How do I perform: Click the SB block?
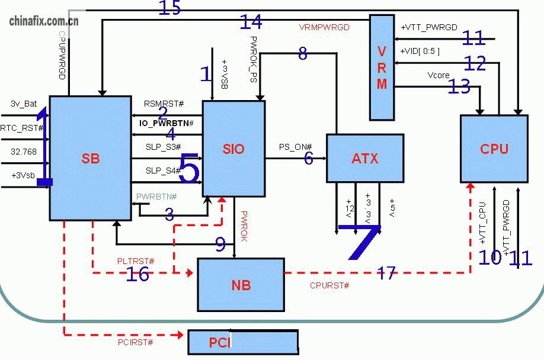tap(90, 158)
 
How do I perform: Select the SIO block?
tap(233, 149)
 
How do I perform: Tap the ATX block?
tap(364, 158)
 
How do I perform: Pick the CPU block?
tap(494, 149)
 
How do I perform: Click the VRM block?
tap(382, 67)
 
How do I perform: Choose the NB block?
tap(241, 285)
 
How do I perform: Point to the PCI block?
tap(243, 342)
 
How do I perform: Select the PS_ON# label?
tap(295, 147)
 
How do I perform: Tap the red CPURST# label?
tap(329, 285)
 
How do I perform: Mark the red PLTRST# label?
tap(136, 261)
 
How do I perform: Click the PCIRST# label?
tap(135, 342)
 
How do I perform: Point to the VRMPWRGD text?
tap(324, 27)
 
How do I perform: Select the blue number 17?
tap(386, 272)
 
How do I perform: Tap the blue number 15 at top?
tap(169, 8)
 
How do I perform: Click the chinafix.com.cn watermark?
tap(44, 22)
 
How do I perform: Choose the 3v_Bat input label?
tap(24, 104)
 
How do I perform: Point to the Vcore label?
tap(438, 75)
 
